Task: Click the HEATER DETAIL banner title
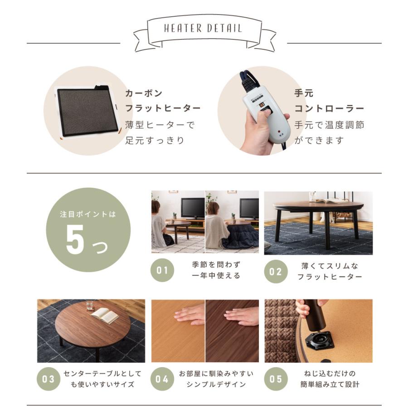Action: coord(203,28)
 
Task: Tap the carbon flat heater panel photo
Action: coord(86,112)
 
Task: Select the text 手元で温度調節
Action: coord(329,125)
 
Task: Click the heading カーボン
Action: coord(144,94)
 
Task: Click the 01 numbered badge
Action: coord(162,271)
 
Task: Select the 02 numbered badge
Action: coord(276,271)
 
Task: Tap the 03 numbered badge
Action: coord(48,379)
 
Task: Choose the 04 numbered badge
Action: coord(162,379)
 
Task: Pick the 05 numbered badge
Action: coord(276,379)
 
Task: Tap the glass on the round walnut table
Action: coord(89,305)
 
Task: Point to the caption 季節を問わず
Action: coord(215,265)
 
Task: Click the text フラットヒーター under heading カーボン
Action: coord(163,109)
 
